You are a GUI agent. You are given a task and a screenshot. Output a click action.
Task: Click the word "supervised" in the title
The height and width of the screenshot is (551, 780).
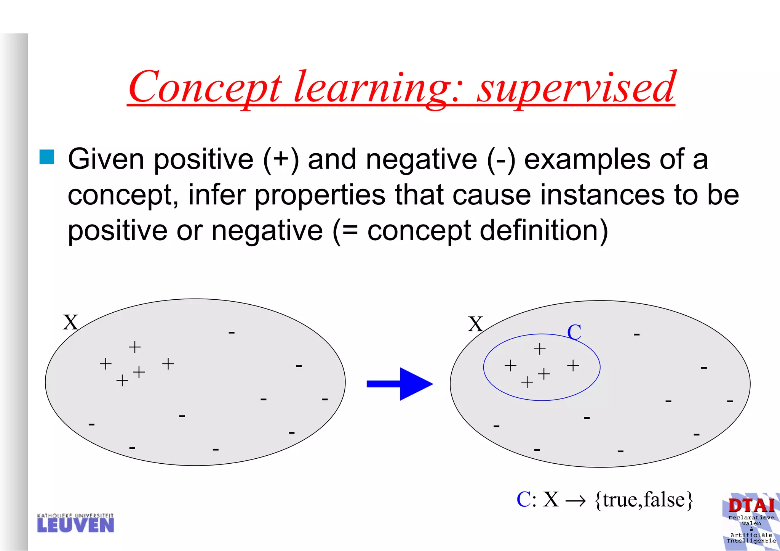(576, 88)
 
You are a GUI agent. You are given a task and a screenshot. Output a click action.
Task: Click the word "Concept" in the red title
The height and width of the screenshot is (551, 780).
(205, 88)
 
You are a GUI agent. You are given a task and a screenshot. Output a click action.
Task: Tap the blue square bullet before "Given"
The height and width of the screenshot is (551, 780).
(47, 157)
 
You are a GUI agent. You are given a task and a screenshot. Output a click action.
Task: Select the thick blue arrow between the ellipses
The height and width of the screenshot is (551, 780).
(400, 384)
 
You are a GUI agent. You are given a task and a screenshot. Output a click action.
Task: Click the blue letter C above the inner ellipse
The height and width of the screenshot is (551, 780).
(574, 332)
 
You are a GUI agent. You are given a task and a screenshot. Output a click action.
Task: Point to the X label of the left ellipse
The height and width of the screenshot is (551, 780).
(70, 323)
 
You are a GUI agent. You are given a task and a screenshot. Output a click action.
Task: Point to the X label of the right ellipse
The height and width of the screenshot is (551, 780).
(475, 324)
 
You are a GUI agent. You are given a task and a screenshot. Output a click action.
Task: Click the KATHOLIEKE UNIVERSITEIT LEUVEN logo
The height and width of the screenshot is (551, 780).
(75, 523)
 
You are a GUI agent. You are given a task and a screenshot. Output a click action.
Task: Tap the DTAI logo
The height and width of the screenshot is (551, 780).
(751, 521)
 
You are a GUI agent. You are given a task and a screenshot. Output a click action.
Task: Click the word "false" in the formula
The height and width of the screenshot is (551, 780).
(664, 500)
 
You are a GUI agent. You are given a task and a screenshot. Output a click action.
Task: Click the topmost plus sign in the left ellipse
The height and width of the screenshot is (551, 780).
(134, 347)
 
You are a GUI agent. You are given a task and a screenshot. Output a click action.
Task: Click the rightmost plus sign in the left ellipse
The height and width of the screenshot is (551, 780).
(168, 364)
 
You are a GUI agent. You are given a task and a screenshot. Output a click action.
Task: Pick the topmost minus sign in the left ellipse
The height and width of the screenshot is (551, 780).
(232, 333)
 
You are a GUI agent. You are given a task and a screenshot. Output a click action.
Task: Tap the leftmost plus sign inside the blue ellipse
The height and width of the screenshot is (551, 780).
(510, 366)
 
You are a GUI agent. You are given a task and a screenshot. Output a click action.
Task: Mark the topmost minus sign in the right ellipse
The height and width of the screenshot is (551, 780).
(636, 335)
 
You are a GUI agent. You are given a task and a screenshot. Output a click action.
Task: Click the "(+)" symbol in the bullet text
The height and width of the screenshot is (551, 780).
(281, 159)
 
